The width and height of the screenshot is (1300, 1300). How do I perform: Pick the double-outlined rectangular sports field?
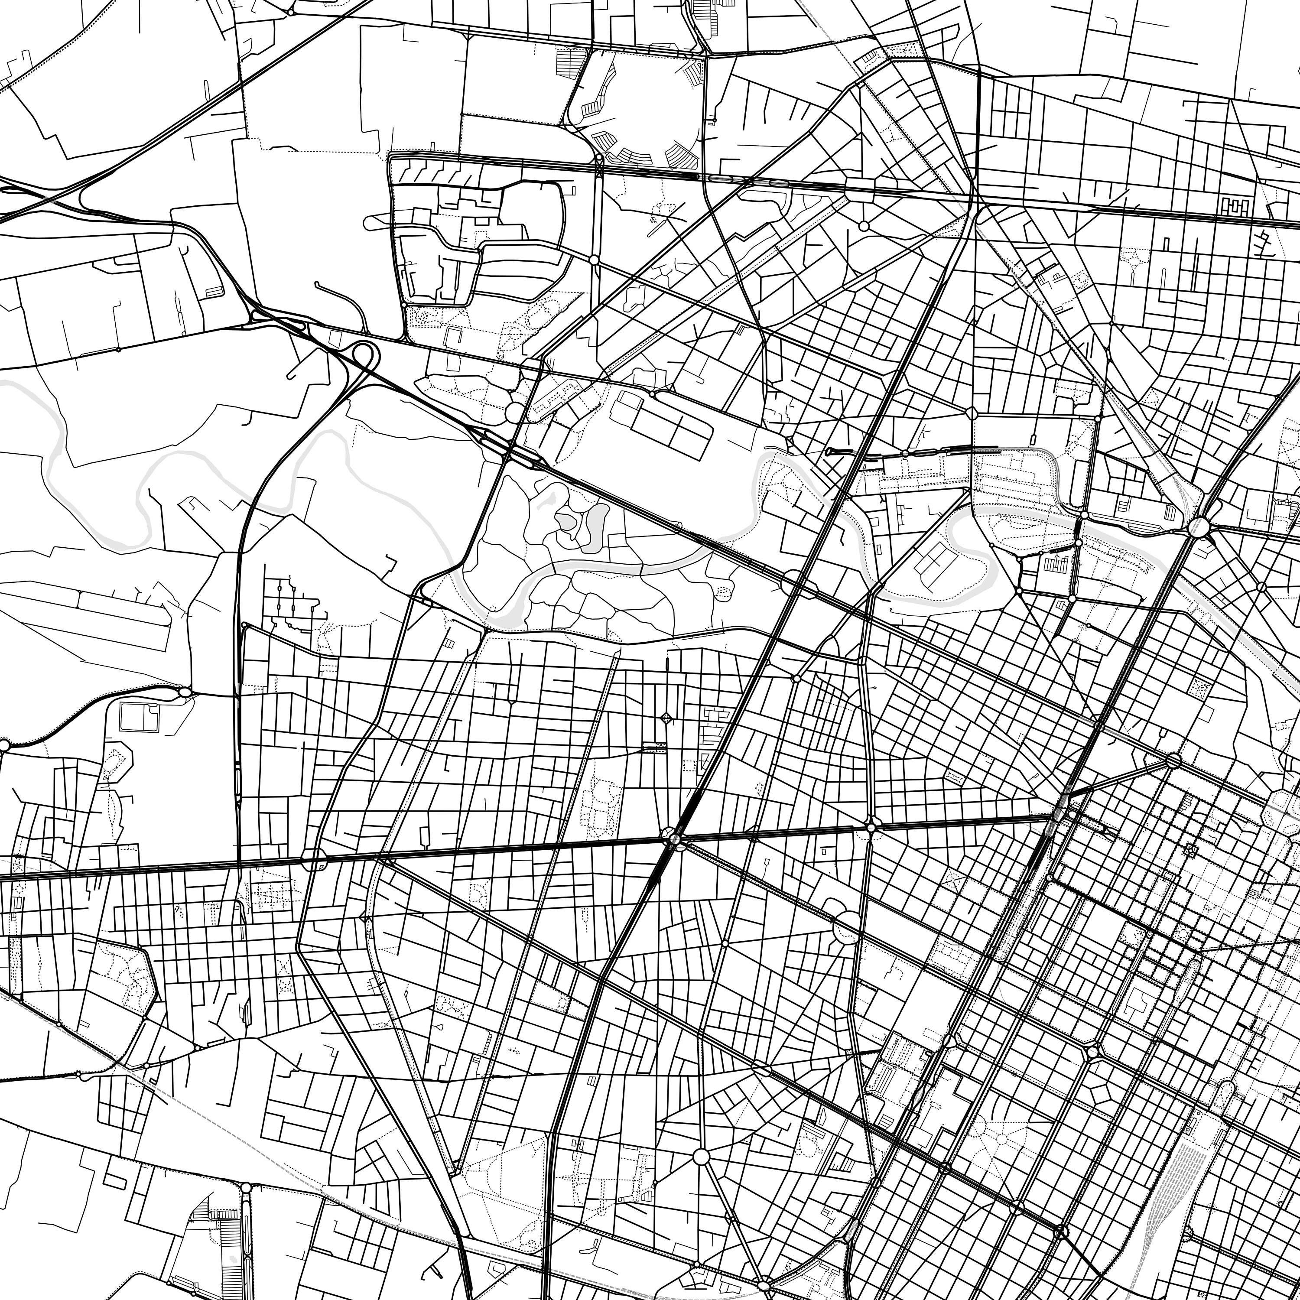pyautogui.click(x=139, y=717)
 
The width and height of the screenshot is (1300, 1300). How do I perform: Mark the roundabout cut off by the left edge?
pyautogui.click(x=3, y=745)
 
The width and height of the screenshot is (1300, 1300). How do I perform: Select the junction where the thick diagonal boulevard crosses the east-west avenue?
pyautogui.click(x=673, y=838)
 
